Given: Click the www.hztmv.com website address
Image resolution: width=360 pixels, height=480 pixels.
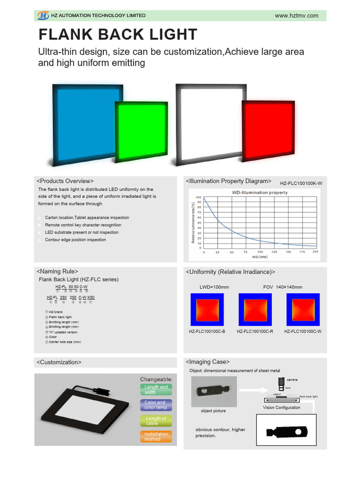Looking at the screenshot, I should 296,15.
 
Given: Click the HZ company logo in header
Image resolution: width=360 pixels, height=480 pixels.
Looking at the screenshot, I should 43,15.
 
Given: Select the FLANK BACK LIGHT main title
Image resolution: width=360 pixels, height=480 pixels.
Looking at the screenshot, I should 118,35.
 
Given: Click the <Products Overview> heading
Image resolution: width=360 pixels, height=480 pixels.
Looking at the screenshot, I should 65,181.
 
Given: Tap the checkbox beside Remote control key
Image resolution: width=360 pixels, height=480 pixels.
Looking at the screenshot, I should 39,225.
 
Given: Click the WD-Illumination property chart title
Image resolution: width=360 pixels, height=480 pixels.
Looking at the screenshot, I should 260,193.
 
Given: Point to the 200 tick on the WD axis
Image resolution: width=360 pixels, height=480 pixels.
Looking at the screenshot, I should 315,252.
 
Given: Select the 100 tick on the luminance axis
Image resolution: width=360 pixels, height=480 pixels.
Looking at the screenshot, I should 199,197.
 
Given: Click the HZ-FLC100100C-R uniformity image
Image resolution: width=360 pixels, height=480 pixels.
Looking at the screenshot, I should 256,309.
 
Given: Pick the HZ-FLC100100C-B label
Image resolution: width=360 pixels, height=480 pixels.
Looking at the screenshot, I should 207,331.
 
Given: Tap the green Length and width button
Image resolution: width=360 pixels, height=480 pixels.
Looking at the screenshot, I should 156,390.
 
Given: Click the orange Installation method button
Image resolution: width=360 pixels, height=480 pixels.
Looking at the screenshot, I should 156,436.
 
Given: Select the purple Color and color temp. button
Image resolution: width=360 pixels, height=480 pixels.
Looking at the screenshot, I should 156,405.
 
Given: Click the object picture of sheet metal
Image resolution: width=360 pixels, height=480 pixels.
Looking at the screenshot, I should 212,391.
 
